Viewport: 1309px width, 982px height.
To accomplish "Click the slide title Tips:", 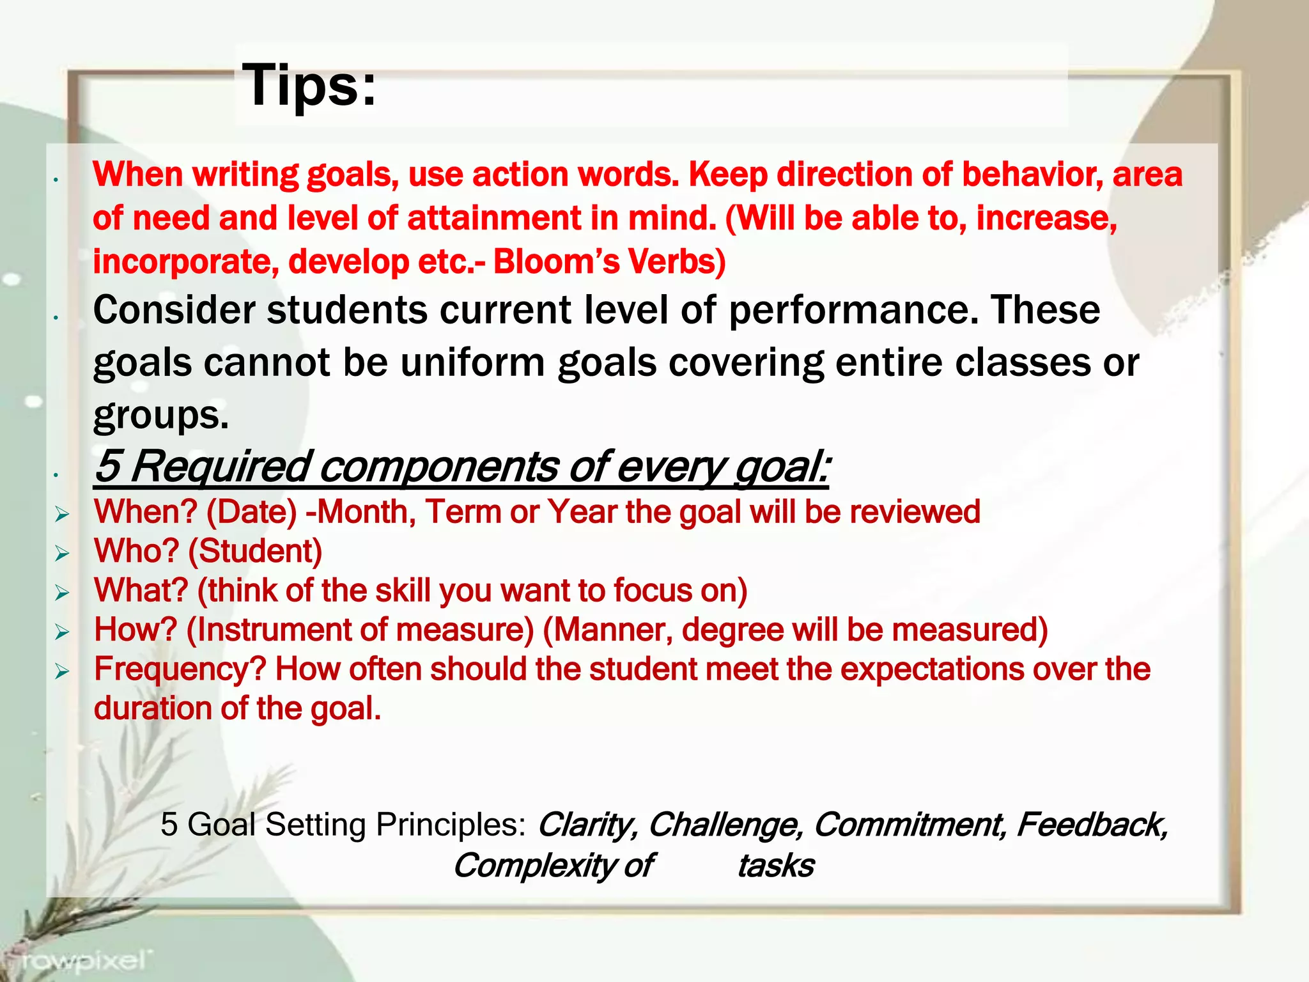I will [x=309, y=86].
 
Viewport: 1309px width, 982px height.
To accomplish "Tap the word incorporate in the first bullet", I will [x=186, y=261].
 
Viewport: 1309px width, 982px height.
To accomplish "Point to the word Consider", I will [x=174, y=310].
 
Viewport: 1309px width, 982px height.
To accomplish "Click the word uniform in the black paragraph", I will [x=474, y=362].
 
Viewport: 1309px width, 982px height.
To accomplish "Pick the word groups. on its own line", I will [x=160, y=415].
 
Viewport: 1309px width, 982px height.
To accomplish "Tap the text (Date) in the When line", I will [x=251, y=512].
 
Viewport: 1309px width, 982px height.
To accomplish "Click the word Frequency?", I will [x=180, y=669].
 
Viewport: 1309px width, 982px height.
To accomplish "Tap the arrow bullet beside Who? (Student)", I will [x=62, y=553].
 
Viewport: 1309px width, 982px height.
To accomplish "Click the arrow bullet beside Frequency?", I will [x=62, y=671].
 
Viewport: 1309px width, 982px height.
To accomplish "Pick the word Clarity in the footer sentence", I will [x=585, y=825].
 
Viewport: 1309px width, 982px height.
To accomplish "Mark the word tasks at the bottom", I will [x=776, y=866].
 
